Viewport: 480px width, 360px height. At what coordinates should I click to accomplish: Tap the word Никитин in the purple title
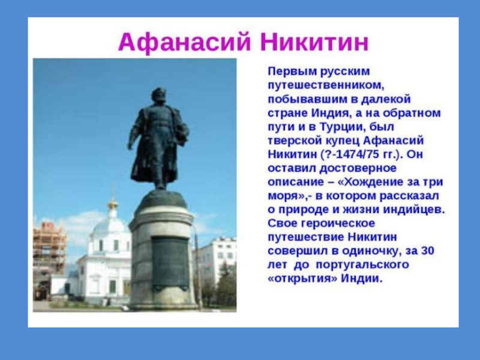tap(314, 42)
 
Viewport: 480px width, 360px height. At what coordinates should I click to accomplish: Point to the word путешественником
tap(326, 85)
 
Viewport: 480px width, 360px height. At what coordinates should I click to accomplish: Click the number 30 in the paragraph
tap(428, 251)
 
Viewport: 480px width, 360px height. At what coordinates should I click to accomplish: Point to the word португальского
tap(362, 265)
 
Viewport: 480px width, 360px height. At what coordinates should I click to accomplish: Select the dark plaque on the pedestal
tap(170, 263)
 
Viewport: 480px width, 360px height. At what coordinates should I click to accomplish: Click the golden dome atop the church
tap(113, 203)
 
